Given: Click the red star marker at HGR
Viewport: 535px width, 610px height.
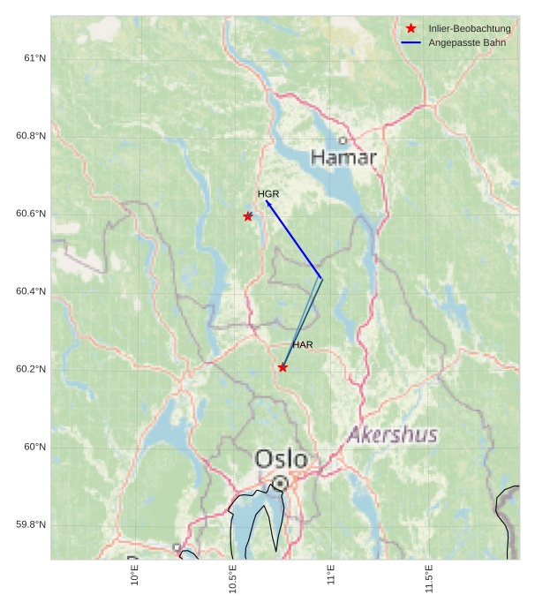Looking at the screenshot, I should point(248,216).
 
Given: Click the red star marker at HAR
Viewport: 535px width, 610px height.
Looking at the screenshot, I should point(283,367).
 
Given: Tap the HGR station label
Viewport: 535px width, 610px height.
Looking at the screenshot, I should point(268,193).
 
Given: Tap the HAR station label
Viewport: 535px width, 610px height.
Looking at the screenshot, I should point(303,344).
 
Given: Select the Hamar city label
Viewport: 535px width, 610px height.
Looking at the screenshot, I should point(343,158).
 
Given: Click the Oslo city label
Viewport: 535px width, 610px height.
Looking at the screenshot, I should point(281,459).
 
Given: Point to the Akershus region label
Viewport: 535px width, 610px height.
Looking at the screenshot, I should point(392,434).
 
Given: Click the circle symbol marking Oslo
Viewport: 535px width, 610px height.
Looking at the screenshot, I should point(280,483).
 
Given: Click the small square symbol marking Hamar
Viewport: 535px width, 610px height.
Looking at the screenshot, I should point(343,140).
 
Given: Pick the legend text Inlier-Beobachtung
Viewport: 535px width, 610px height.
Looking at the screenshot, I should point(470,29).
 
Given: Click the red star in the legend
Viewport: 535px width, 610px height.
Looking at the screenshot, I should point(411,29).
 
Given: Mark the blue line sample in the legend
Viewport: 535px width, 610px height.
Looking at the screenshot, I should point(411,42).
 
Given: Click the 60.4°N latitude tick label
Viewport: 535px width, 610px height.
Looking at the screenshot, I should point(31,291).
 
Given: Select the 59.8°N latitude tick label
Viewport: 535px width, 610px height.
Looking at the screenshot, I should point(31,525).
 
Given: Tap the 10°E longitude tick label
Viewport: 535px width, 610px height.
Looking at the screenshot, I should point(135,575).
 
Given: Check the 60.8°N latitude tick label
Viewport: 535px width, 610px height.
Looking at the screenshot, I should point(31,136).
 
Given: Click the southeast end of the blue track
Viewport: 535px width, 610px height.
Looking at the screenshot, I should point(321,279).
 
